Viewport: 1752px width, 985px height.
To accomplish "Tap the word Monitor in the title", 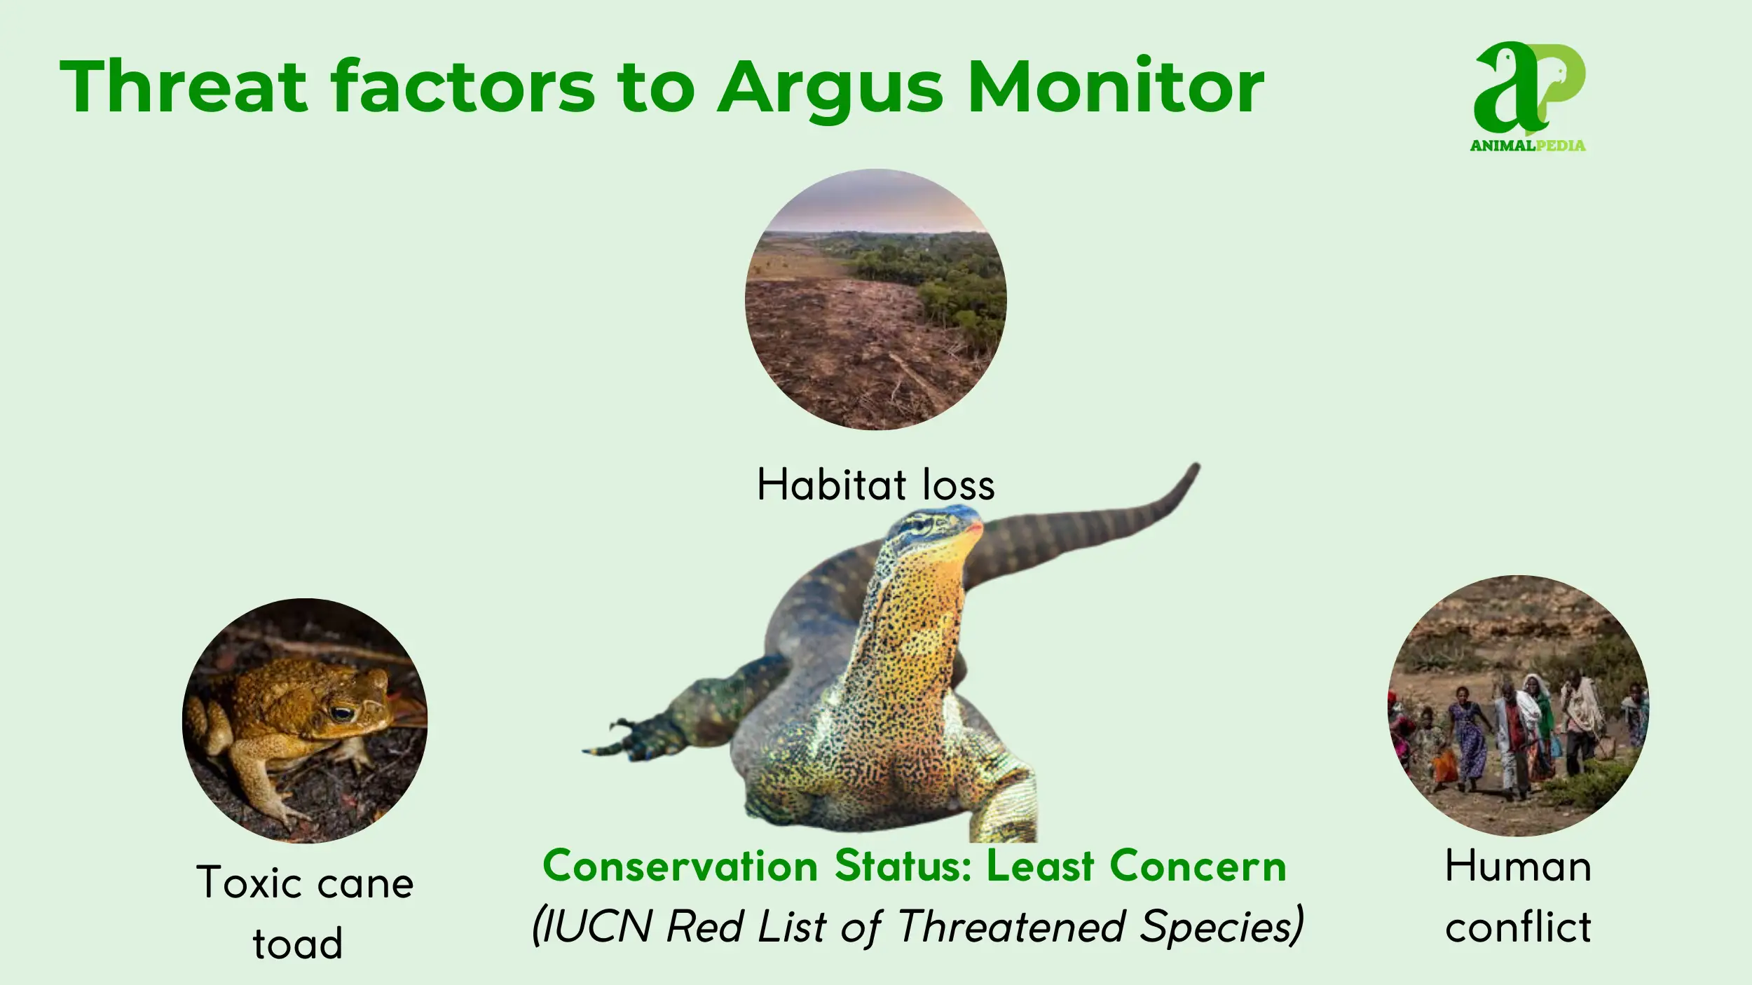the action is pyautogui.click(x=1116, y=85).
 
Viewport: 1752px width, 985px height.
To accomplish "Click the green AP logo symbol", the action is pyautogui.click(x=1529, y=88).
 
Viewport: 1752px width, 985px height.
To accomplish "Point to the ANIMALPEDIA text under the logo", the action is pyautogui.click(x=1528, y=146).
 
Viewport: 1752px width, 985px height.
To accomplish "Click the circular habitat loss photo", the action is pyautogui.click(x=876, y=299).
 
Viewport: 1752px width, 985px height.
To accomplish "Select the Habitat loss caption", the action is pyautogui.click(x=876, y=484).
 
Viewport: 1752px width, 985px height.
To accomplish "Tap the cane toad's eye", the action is pyautogui.click(x=342, y=714).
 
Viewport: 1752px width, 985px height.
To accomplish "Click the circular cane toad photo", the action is pyautogui.click(x=305, y=720).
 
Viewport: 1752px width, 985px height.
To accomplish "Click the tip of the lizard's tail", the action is pyautogui.click(x=1197, y=465).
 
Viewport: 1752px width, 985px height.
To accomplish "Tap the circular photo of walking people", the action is pyautogui.click(x=1518, y=705).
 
